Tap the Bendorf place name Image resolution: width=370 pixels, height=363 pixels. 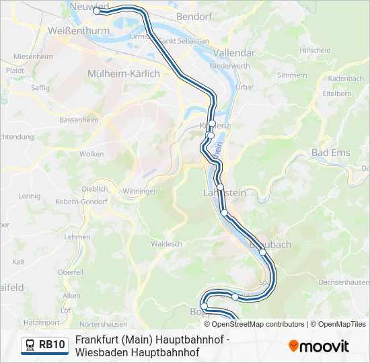click(x=190, y=15)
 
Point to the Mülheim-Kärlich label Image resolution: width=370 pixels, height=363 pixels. click(x=124, y=73)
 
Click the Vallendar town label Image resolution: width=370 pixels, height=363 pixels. click(x=233, y=52)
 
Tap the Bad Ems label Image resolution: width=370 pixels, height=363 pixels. click(x=330, y=153)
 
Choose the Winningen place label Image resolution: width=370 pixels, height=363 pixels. click(x=140, y=192)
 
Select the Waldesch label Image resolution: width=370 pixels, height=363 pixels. click(x=167, y=244)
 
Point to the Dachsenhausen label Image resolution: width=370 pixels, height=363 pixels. click(x=343, y=282)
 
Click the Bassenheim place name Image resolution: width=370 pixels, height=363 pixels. click(x=79, y=120)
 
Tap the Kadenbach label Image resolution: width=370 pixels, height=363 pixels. click(x=346, y=79)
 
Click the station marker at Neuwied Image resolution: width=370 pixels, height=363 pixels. click(x=97, y=11)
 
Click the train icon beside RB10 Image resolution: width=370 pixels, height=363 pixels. click(x=30, y=346)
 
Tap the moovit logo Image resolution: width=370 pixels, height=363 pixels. click(x=319, y=346)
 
